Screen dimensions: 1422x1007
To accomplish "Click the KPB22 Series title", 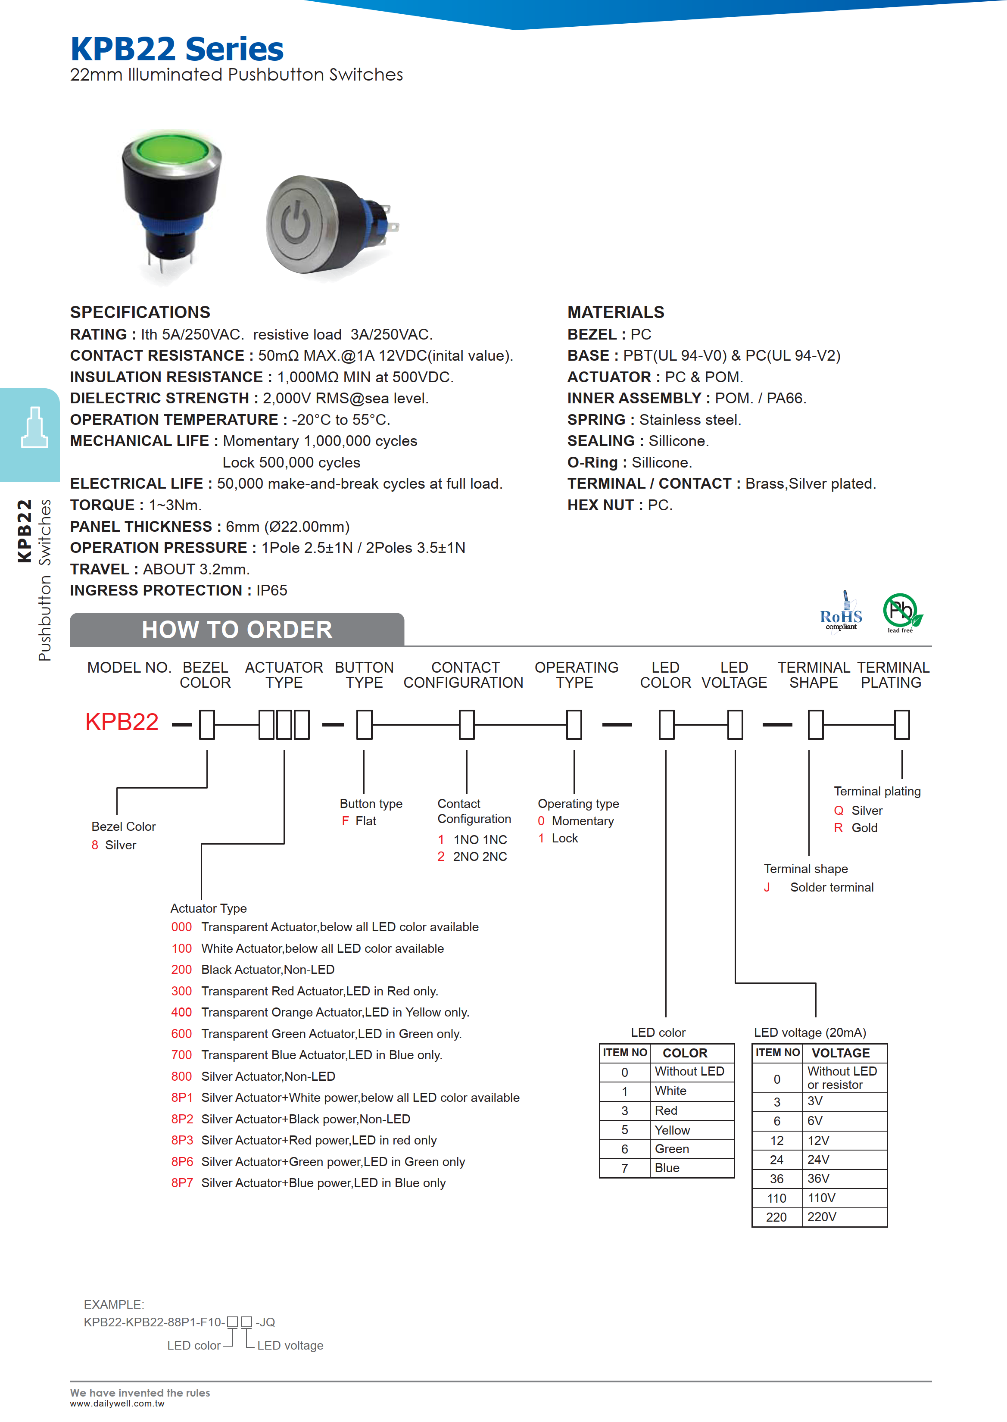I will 177,49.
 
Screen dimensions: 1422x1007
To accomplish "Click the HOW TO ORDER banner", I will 237,630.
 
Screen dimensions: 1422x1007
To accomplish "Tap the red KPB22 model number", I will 122,722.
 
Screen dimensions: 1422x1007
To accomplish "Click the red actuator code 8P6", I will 182,1162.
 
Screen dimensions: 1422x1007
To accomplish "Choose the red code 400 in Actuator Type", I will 182,1012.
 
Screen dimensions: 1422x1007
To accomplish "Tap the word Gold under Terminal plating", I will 864,828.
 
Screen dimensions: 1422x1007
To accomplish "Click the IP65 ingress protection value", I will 271,590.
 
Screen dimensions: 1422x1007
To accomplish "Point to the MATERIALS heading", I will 616,312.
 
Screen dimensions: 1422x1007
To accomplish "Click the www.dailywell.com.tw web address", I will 117,1404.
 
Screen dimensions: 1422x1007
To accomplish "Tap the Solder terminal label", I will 832,887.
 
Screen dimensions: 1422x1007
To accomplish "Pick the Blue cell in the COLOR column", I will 667,1168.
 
